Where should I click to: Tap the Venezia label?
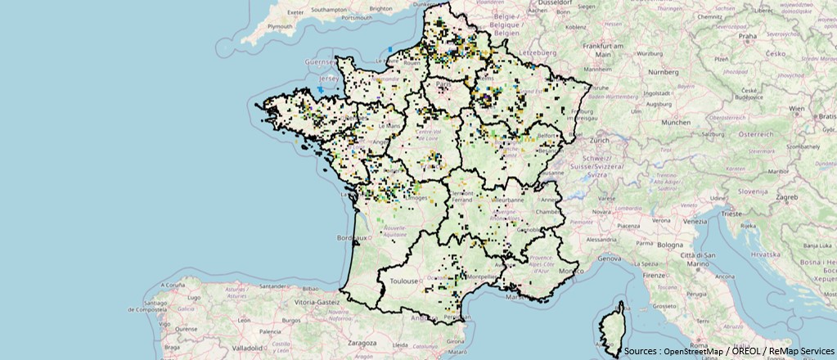[x=696, y=221]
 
